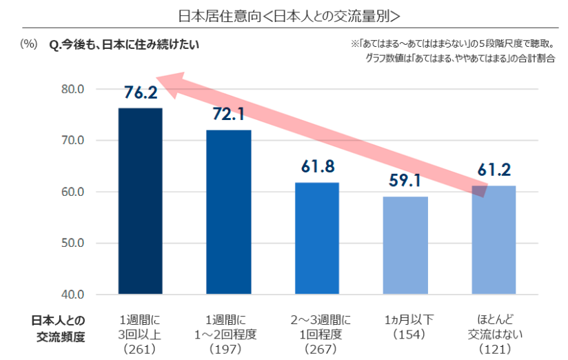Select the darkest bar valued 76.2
coord(141,201)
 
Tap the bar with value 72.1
coord(229,212)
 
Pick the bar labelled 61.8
coord(317,238)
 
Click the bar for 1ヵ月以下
coord(405,245)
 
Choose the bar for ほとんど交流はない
coord(494,239)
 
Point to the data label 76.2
coord(141,93)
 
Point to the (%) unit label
coord(29,45)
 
